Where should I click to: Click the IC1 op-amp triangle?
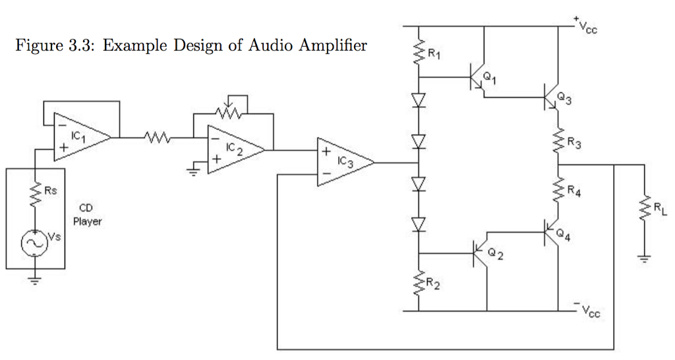coord(82,137)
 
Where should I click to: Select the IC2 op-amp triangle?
coord(236,150)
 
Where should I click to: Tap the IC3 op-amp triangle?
coord(345,162)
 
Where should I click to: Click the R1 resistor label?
coord(434,54)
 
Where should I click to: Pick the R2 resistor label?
coord(433,284)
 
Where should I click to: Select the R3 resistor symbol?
coord(558,140)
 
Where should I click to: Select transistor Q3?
coord(552,97)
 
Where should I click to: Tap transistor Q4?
coord(552,233)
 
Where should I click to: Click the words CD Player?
coord(88,214)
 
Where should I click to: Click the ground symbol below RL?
coord(645,259)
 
